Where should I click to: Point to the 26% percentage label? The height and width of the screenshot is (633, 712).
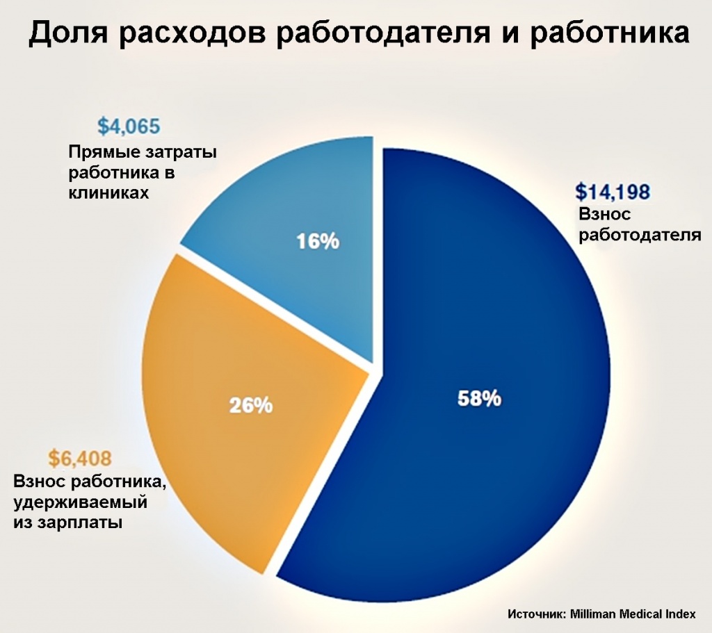[251, 404]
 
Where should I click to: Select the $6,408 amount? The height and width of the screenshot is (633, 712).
[80, 459]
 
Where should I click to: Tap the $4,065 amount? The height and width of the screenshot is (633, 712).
[129, 127]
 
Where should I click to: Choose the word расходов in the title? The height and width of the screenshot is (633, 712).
[181, 35]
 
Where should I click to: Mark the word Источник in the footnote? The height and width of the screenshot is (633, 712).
[536, 614]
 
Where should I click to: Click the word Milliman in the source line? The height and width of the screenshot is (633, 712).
[594, 614]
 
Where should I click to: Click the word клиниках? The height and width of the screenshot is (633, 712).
[108, 192]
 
